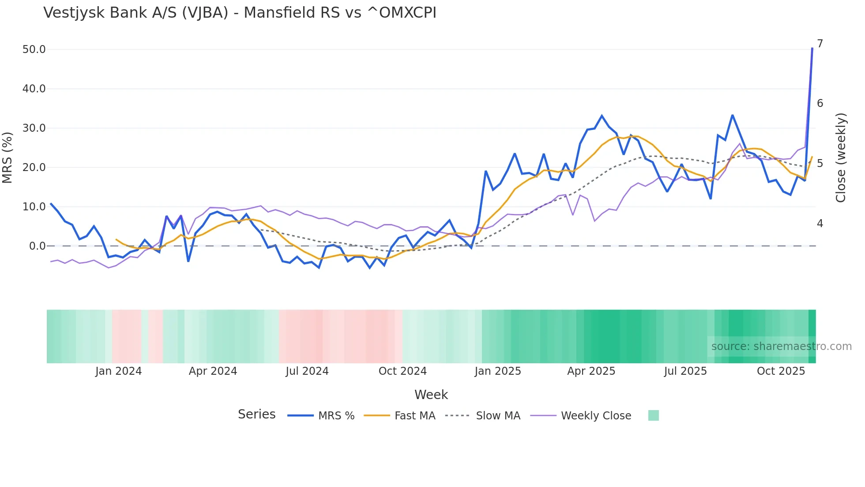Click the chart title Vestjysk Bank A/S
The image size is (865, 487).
[x=240, y=13]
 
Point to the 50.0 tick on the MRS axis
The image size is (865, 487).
[x=34, y=49]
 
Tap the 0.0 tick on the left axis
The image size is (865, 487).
[x=37, y=246]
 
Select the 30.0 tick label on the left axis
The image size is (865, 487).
[x=34, y=128]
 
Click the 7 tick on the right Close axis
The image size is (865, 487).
[x=820, y=44]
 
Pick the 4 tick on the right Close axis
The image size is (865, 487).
[x=820, y=224]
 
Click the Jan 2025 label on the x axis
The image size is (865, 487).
[x=498, y=371]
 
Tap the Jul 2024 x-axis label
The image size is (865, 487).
[x=307, y=371]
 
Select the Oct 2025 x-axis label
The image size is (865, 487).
[x=781, y=371]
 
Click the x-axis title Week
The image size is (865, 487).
[x=431, y=395]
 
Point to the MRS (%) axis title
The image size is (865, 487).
[x=8, y=157]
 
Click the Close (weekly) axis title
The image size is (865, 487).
[x=841, y=158]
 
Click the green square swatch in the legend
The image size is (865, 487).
[x=653, y=415]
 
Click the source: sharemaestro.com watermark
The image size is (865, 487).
[x=781, y=346]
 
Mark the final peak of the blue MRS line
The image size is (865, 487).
[x=812, y=48]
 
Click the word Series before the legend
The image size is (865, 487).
[x=256, y=415]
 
